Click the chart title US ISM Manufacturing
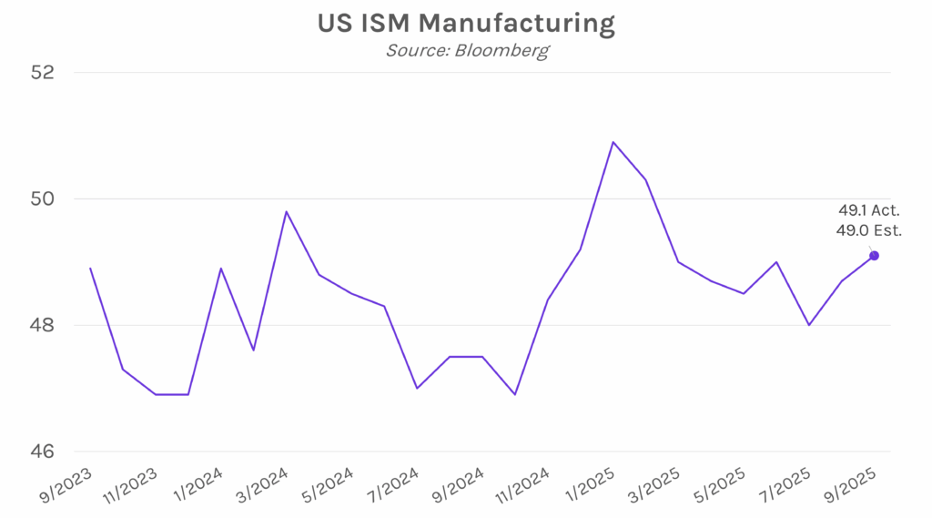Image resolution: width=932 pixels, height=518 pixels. point(466,24)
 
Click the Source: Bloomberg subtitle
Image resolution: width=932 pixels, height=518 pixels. point(466,50)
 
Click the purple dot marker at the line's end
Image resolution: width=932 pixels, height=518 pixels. point(874,256)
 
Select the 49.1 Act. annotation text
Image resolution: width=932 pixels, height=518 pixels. point(869,211)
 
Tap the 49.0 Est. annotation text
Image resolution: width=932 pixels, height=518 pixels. point(869,231)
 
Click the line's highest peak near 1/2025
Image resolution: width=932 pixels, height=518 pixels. point(613,142)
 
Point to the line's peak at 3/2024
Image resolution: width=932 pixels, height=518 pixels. point(287,211)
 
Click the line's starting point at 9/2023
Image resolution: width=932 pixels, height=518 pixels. point(90,268)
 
